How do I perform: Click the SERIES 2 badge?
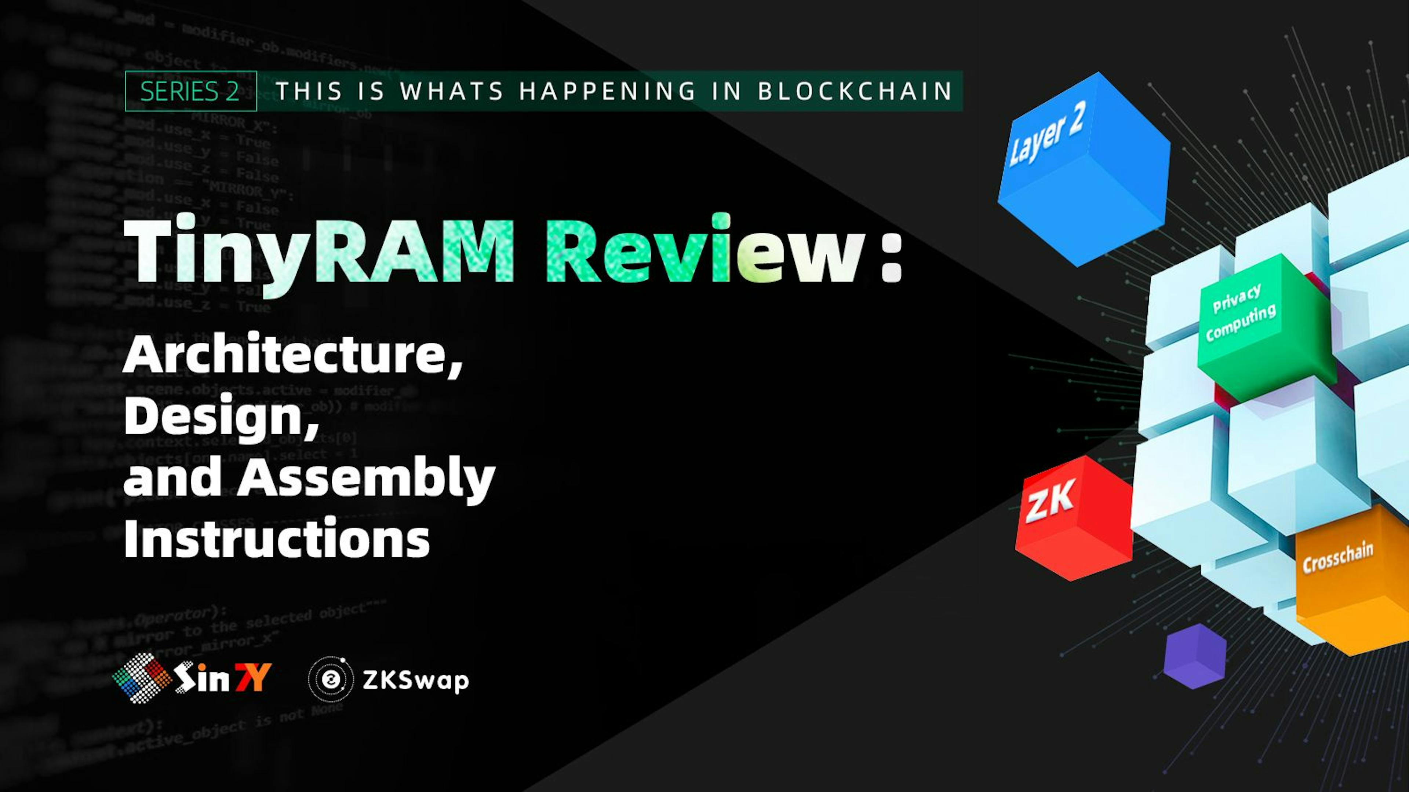pyautogui.click(x=190, y=91)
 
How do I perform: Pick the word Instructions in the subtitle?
pyautogui.click(x=277, y=538)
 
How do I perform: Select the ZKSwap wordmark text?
pyautogui.click(x=416, y=681)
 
